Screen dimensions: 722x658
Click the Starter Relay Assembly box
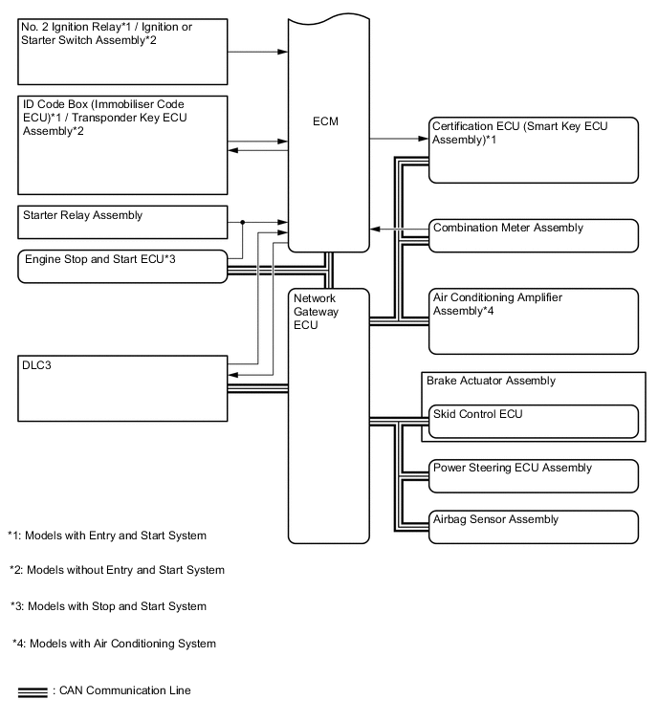click(x=122, y=222)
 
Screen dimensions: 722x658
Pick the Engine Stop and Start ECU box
click(x=122, y=265)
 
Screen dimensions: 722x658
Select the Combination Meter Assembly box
click(x=534, y=234)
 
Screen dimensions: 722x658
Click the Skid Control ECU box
click(x=534, y=421)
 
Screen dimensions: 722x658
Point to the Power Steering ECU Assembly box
click(x=534, y=474)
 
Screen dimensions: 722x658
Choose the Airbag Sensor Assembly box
click(x=534, y=526)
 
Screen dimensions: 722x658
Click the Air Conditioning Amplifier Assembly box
click(x=534, y=320)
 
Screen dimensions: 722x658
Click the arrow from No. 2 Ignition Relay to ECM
click(x=258, y=52)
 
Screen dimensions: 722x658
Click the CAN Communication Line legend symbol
click(x=32, y=691)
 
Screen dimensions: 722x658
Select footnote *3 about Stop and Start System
click(x=108, y=606)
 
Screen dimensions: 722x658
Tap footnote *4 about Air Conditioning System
click(x=114, y=644)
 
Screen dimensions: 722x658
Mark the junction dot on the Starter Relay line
click(x=243, y=221)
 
